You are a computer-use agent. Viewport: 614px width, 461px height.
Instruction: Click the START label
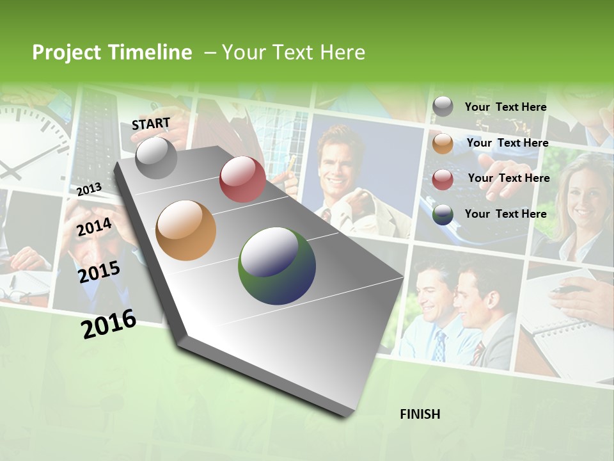[151, 124]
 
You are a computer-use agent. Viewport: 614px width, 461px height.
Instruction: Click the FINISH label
[420, 414]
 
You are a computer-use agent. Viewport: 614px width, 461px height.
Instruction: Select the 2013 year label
[89, 189]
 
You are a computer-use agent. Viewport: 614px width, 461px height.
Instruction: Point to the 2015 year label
[98, 272]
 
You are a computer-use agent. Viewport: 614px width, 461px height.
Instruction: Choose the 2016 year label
[109, 324]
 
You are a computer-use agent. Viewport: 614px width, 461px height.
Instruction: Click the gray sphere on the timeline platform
[156, 158]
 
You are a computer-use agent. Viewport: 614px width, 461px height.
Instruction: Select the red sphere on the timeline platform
[242, 179]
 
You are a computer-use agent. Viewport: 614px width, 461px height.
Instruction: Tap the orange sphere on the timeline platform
[186, 230]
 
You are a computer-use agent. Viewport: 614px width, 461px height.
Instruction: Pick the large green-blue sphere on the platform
[277, 266]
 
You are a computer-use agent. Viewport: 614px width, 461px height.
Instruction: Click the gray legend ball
[443, 107]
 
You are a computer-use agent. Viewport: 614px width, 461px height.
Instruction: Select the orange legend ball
[443, 143]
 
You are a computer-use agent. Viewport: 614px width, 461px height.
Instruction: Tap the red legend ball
[443, 179]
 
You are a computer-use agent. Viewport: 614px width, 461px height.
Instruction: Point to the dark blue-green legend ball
[443, 215]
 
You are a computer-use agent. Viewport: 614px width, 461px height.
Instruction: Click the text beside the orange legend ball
[507, 143]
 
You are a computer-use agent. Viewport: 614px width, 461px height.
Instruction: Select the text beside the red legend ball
[508, 178]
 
